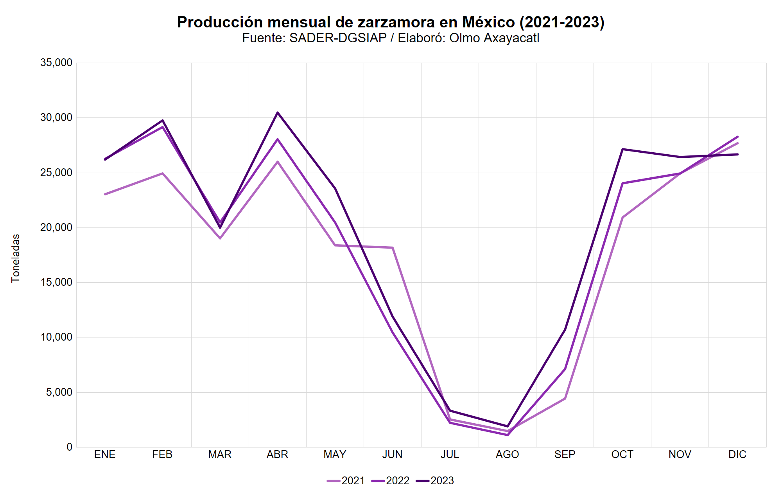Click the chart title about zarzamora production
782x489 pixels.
click(x=391, y=22)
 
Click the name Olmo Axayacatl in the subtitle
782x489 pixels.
click(x=494, y=38)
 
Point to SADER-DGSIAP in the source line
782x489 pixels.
click(x=338, y=38)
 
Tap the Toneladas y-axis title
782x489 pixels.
click(x=16, y=258)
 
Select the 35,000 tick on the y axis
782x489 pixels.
click(x=56, y=63)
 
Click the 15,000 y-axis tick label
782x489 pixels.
click(x=56, y=282)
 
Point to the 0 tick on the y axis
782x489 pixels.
click(x=69, y=447)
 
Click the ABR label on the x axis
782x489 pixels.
click(x=277, y=455)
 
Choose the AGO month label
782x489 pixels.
click(x=507, y=455)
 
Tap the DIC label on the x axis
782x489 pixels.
click(x=737, y=455)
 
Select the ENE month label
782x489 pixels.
click(x=105, y=455)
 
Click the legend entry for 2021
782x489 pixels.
click(x=346, y=481)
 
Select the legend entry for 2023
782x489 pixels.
click(x=435, y=481)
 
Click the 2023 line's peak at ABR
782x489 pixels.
click(x=278, y=113)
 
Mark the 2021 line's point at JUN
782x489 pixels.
click(x=392, y=248)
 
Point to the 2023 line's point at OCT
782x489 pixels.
click(x=622, y=149)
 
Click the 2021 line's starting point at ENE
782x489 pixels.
click(x=105, y=194)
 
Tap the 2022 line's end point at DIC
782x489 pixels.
click(x=737, y=137)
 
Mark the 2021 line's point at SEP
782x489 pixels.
click(x=565, y=399)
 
